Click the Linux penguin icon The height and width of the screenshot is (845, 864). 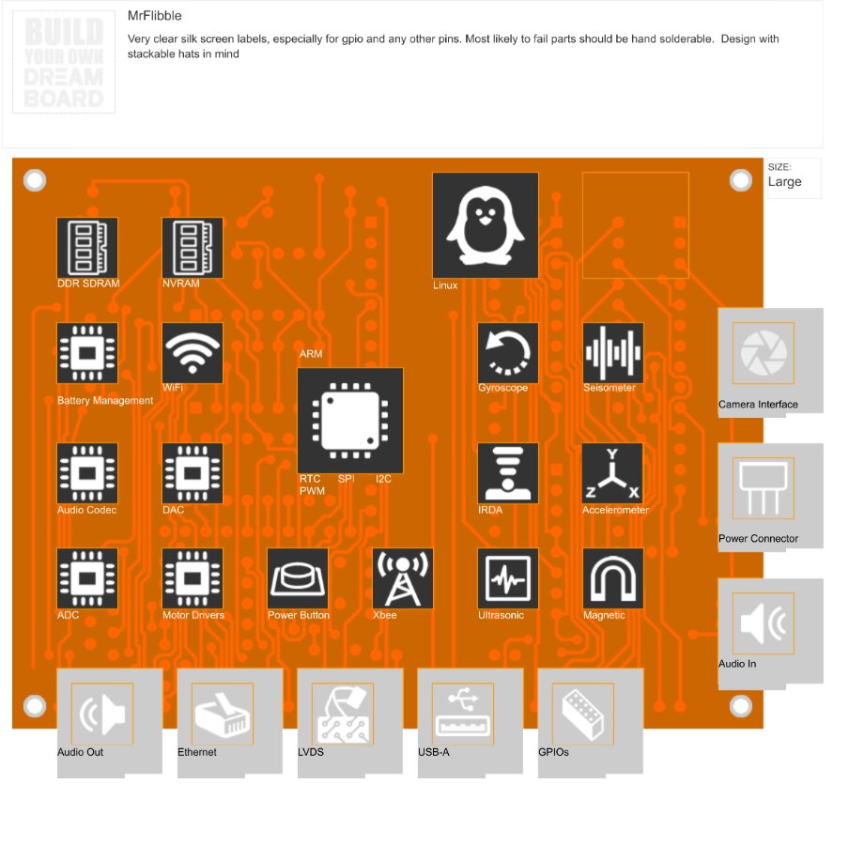[x=485, y=224]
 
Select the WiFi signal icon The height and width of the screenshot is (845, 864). [x=193, y=353]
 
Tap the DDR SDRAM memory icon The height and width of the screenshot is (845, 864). [x=87, y=248]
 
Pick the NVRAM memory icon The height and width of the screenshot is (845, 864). [x=193, y=248]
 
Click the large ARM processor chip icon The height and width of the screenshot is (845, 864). [x=350, y=420]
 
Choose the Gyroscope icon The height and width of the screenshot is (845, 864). [x=508, y=353]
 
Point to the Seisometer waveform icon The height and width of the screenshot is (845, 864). [x=613, y=353]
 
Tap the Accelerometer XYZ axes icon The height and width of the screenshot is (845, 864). [x=613, y=473]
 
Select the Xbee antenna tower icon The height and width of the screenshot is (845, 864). [x=403, y=578]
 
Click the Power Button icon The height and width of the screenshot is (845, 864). [x=298, y=578]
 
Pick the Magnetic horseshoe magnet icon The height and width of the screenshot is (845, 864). [x=613, y=578]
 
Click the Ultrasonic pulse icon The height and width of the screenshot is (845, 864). [x=508, y=578]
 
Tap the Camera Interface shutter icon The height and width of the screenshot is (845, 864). [x=763, y=353]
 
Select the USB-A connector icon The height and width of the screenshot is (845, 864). [x=463, y=714]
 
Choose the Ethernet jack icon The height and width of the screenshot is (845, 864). [x=223, y=714]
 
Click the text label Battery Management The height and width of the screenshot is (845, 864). [x=105, y=401]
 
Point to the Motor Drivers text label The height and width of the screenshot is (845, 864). [x=193, y=615]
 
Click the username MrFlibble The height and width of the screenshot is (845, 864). [x=155, y=16]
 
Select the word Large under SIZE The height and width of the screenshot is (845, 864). [x=784, y=181]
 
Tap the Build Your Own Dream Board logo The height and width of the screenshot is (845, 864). [x=64, y=64]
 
